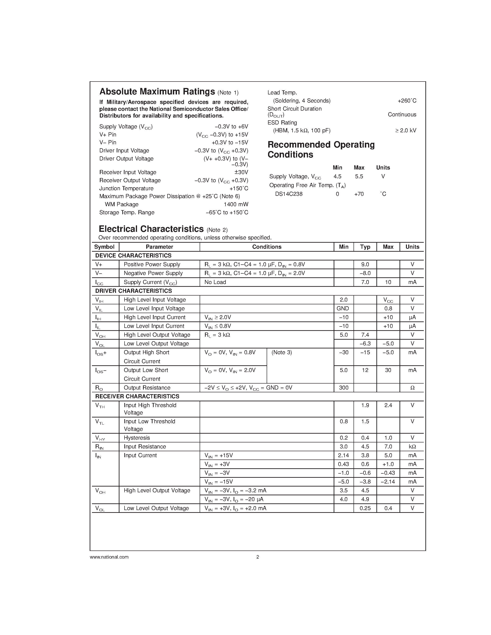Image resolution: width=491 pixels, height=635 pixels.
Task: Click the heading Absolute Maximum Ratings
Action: click(x=157, y=92)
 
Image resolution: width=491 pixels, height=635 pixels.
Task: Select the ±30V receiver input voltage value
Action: click(x=241, y=172)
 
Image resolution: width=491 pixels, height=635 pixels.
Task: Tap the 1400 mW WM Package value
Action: click(x=236, y=204)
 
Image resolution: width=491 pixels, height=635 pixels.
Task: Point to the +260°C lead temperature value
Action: click(x=407, y=101)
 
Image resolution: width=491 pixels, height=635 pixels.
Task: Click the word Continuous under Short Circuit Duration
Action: click(x=402, y=115)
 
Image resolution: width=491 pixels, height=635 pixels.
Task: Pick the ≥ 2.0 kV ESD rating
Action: click(x=406, y=130)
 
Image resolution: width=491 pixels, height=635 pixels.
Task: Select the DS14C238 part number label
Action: click(x=289, y=194)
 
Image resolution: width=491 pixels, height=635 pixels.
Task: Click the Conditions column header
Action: click(x=266, y=247)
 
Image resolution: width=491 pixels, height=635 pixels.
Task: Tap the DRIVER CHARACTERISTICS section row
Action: click(x=134, y=291)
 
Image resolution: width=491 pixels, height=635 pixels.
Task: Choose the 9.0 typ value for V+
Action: click(x=365, y=264)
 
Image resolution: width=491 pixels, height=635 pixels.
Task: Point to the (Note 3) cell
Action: click(x=282, y=352)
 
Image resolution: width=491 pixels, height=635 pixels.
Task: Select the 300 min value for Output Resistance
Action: click(x=344, y=387)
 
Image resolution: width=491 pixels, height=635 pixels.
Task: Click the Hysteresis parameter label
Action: click(x=137, y=438)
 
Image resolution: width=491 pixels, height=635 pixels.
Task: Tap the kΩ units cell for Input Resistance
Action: click(x=412, y=447)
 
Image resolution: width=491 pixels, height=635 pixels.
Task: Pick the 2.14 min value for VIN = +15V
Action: click(x=344, y=455)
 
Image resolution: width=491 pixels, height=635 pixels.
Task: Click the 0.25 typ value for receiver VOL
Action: click(x=365, y=508)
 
